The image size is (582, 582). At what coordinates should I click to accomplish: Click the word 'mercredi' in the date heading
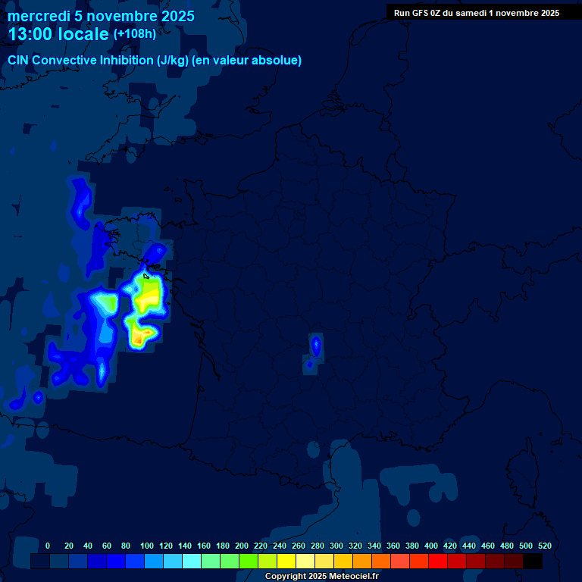point(38,16)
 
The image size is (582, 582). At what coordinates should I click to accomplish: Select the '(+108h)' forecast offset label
point(135,34)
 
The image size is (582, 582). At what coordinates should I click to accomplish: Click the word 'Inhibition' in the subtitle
point(126,61)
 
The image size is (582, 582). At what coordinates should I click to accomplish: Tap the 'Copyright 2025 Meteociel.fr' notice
point(321,577)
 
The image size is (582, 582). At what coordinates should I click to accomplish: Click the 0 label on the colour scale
point(48,546)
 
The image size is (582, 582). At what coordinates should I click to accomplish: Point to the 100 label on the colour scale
point(147,546)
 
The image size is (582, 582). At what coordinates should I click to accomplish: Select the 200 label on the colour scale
point(242,546)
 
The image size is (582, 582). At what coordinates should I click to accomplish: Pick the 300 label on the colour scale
point(336,546)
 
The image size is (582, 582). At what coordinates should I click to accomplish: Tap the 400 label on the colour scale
point(431,546)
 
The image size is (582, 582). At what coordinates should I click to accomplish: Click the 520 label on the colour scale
point(544,546)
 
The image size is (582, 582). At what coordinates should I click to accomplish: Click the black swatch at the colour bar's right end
point(533,562)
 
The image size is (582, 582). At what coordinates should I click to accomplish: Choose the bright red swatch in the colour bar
point(438,562)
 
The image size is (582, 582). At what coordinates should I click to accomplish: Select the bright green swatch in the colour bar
point(249,562)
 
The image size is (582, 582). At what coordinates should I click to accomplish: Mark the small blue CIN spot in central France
point(315,346)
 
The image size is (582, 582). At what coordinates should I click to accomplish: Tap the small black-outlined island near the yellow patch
point(146,276)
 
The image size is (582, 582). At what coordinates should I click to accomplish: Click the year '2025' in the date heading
point(171,16)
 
